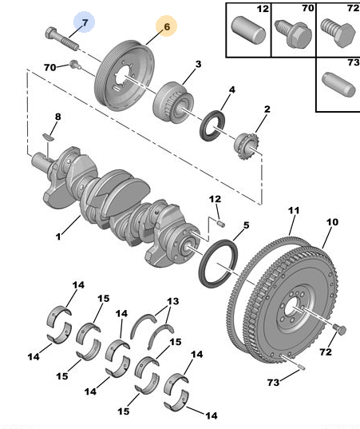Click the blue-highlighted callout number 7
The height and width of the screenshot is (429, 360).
pyautogui.click(x=85, y=22)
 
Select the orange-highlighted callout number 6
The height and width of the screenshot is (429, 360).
pyautogui.click(x=167, y=26)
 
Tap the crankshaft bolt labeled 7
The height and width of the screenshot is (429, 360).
pyautogui.click(x=62, y=39)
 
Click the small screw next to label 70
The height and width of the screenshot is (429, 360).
pyautogui.click(x=74, y=65)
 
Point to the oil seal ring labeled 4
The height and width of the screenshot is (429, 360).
pyautogui.click(x=212, y=125)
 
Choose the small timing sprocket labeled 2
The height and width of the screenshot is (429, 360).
pyautogui.click(x=246, y=147)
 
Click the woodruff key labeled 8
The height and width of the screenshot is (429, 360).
pyautogui.click(x=49, y=137)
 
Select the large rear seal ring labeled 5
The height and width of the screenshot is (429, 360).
pyautogui.click(x=218, y=263)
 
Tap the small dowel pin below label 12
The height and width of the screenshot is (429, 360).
pyautogui.click(x=221, y=224)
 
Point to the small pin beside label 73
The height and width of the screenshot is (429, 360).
pyautogui.click(x=302, y=367)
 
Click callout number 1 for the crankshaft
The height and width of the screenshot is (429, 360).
pyautogui.click(x=58, y=236)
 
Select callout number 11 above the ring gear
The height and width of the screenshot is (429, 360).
pyautogui.click(x=294, y=210)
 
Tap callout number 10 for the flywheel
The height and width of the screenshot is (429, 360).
pyautogui.click(x=332, y=222)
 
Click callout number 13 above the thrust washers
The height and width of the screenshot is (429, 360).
pyautogui.click(x=172, y=301)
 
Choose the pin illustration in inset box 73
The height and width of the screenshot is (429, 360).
pyautogui.click(x=339, y=85)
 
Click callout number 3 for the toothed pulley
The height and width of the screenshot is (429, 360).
pyautogui.click(x=198, y=64)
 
